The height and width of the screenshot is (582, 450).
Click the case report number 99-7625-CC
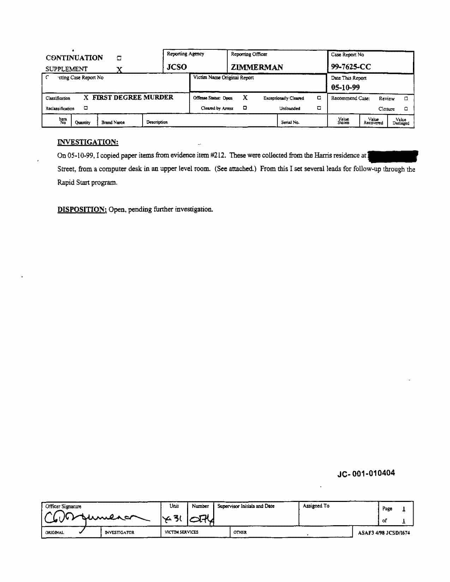tap(351, 67)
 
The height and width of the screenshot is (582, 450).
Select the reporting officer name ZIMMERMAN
tap(257, 67)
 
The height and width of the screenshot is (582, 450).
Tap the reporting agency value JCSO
tap(177, 67)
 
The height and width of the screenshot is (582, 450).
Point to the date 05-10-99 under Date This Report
tap(346, 87)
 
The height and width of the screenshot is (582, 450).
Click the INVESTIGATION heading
tap(88, 142)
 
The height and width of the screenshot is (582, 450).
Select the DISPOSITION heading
tap(82, 209)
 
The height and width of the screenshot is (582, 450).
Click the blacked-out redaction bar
tap(393, 156)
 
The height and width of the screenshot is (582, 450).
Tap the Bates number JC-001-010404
tap(366, 473)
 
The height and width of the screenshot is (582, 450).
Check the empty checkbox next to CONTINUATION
tap(119, 58)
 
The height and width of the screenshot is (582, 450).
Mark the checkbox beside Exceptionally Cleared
tap(319, 98)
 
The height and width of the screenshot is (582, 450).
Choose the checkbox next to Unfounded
tap(319, 108)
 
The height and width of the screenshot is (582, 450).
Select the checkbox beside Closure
tap(406, 109)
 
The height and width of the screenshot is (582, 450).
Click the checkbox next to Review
tap(406, 98)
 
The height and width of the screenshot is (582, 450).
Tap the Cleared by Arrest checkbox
tap(245, 108)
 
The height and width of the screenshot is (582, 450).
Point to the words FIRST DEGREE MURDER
tap(133, 97)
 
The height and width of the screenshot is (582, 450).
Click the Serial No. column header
tap(290, 122)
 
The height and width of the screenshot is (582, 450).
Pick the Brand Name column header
tap(113, 122)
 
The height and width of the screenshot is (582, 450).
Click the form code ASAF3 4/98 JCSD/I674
tap(384, 533)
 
